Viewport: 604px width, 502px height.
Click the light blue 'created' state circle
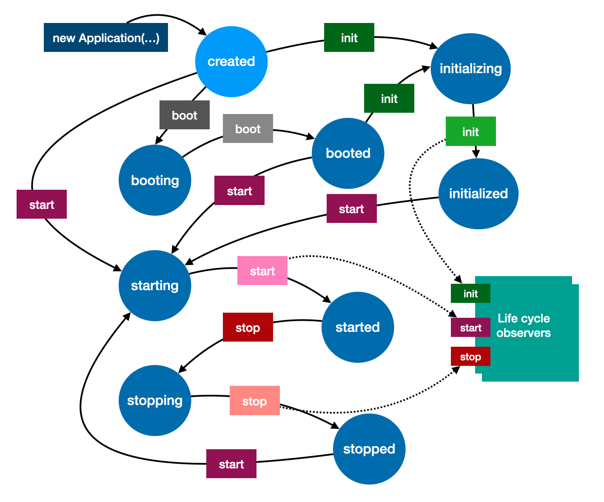(x=231, y=62)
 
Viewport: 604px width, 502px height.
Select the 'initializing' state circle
(x=470, y=69)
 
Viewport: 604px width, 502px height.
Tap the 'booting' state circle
(x=155, y=180)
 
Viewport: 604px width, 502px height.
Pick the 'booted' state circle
(x=348, y=153)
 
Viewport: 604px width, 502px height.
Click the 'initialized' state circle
(x=479, y=194)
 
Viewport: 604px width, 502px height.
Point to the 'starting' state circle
(x=155, y=285)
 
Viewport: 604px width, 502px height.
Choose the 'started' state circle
(x=358, y=327)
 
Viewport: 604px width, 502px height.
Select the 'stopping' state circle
(x=155, y=400)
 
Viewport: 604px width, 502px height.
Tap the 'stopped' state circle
(x=369, y=449)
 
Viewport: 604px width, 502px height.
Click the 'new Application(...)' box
(x=106, y=38)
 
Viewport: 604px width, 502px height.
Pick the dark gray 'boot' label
(x=185, y=115)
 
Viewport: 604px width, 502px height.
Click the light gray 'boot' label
(x=248, y=129)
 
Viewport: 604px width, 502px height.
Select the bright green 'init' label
(x=470, y=131)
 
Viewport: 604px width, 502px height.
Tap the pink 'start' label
(x=262, y=271)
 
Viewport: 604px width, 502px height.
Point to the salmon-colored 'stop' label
(x=254, y=401)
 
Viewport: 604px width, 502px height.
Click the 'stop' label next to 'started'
(x=248, y=328)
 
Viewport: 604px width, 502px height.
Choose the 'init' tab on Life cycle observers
(x=470, y=294)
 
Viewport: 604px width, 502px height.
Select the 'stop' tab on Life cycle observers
(x=470, y=357)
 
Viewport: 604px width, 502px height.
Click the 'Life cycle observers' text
(x=524, y=325)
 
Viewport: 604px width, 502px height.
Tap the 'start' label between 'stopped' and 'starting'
(x=231, y=464)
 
